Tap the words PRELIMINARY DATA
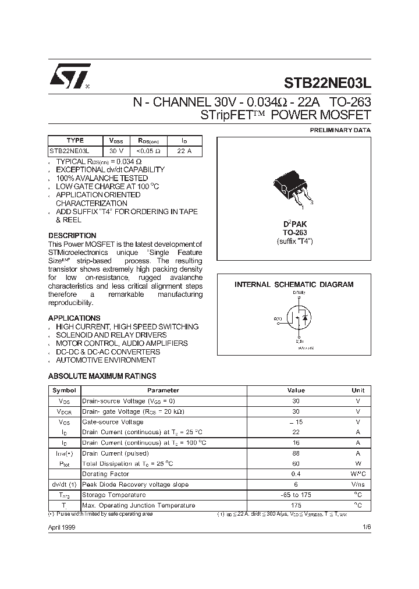[340, 130]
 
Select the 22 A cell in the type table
[184, 151]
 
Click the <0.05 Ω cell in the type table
[148, 151]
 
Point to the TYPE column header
[75, 140]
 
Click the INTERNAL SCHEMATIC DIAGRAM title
[294, 285]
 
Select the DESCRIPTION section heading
[72, 236]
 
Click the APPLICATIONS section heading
[74, 318]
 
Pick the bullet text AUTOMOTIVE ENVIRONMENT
[105, 360]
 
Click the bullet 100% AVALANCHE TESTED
[101, 178]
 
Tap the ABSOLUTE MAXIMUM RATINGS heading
[102, 377]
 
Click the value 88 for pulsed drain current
[296, 453]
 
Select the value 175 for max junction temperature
[296, 505]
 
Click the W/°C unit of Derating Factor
[358, 474]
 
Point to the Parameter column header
[163, 391]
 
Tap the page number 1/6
[365, 527]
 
